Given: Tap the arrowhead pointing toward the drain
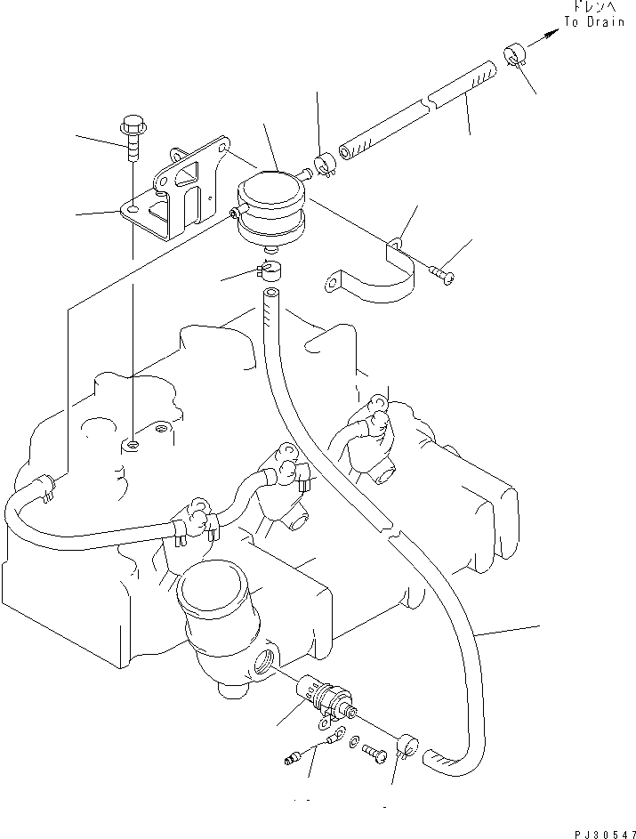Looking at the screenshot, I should point(553,33).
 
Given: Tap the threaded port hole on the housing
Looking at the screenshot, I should point(265,659).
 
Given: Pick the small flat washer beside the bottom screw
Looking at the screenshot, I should point(355,740).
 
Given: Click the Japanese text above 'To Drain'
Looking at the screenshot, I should point(593,7).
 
